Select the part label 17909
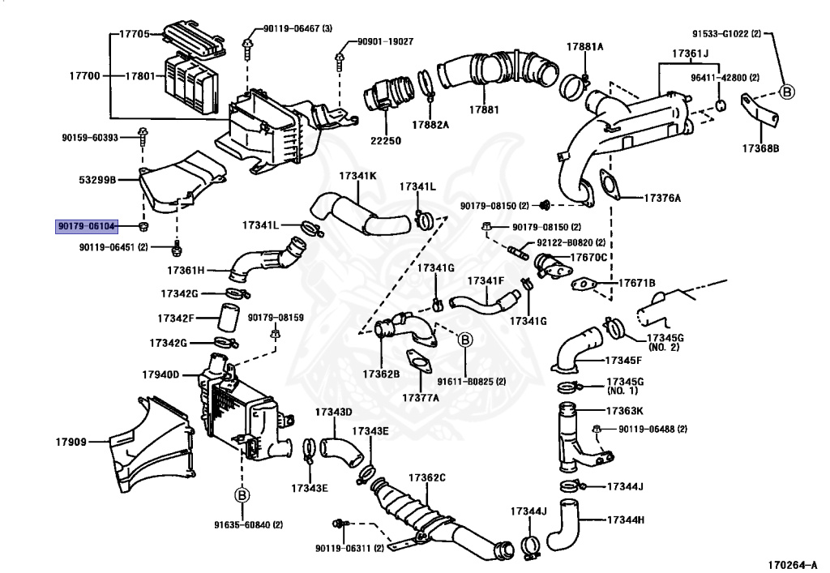pyautogui.click(x=71, y=442)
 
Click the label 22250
pyautogui.click(x=386, y=140)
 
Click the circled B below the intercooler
pyautogui.click(x=241, y=495)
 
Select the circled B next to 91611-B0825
pyautogui.click(x=465, y=340)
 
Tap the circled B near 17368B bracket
pyautogui.click(x=785, y=92)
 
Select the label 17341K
pyautogui.click(x=357, y=175)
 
